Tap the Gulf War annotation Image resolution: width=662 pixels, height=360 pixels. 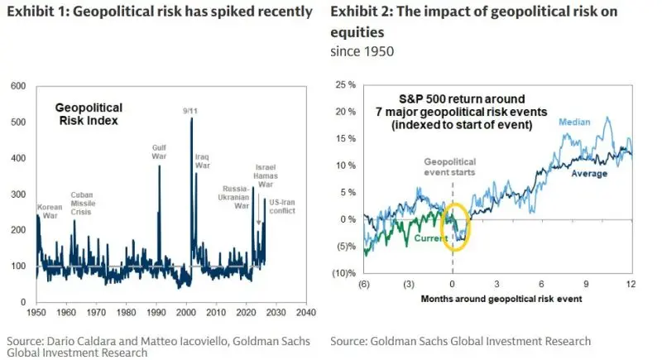tap(159, 152)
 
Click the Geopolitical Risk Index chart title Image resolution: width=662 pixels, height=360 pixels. tap(89, 113)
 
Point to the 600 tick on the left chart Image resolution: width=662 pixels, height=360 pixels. tap(17, 86)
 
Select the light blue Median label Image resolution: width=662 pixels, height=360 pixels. tap(574, 122)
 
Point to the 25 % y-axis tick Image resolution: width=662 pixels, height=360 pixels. tap(345, 85)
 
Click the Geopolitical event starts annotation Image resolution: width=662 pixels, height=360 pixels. tap(451, 168)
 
